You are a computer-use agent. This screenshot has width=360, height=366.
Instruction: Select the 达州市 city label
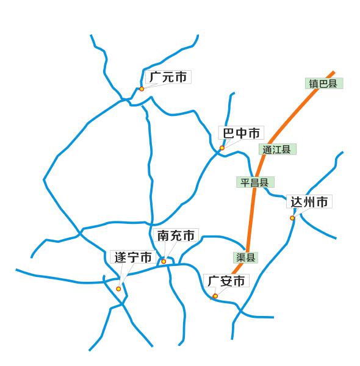click(309, 202)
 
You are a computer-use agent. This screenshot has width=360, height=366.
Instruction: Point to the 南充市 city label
click(176, 235)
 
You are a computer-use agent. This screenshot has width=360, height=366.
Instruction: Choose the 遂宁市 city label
click(133, 257)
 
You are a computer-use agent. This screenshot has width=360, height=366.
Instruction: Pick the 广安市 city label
click(226, 281)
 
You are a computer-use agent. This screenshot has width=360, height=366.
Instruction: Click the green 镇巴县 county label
click(323, 84)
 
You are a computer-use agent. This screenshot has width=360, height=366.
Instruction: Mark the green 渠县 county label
click(245, 257)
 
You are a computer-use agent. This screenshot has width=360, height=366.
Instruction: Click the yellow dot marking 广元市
click(142, 88)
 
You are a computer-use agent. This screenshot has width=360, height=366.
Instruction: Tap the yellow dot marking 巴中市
click(222, 148)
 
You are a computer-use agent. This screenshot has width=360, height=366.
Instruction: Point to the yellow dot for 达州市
click(292, 218)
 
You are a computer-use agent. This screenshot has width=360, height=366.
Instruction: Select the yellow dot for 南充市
click(164, 261)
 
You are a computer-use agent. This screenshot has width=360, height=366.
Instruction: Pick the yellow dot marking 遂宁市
click(118, 289)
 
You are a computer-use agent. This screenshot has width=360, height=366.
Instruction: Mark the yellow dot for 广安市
click(215, 296)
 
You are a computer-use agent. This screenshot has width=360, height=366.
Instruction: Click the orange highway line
click(250, 220)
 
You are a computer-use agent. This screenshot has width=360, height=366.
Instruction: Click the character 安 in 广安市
click(226, 281)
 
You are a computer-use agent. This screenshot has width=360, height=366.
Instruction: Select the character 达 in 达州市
click(296, 202)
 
